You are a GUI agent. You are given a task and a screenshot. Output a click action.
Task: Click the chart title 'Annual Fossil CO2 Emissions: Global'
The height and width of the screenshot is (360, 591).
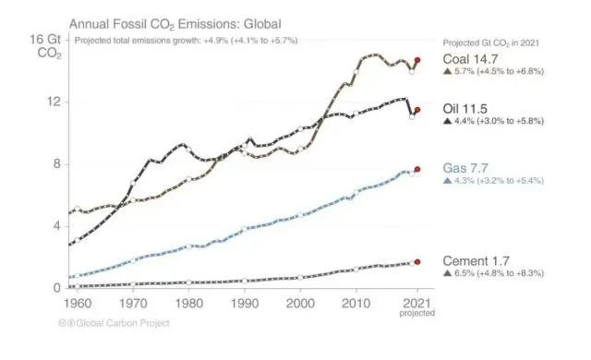coord(171,21)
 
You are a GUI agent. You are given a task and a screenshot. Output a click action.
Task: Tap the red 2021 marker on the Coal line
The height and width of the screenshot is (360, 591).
coord(417,60)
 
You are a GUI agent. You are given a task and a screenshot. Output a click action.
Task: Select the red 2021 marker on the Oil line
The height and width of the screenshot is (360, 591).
coord(417,110)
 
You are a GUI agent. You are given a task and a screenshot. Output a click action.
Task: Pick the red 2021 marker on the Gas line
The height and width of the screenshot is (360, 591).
coord(417,169)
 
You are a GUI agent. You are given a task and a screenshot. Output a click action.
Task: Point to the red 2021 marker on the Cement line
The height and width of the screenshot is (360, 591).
coord(417,261)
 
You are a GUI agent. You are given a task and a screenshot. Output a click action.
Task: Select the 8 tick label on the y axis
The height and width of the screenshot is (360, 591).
coord(58,163)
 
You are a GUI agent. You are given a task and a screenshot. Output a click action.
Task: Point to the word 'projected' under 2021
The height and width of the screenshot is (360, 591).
coord(417,313)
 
